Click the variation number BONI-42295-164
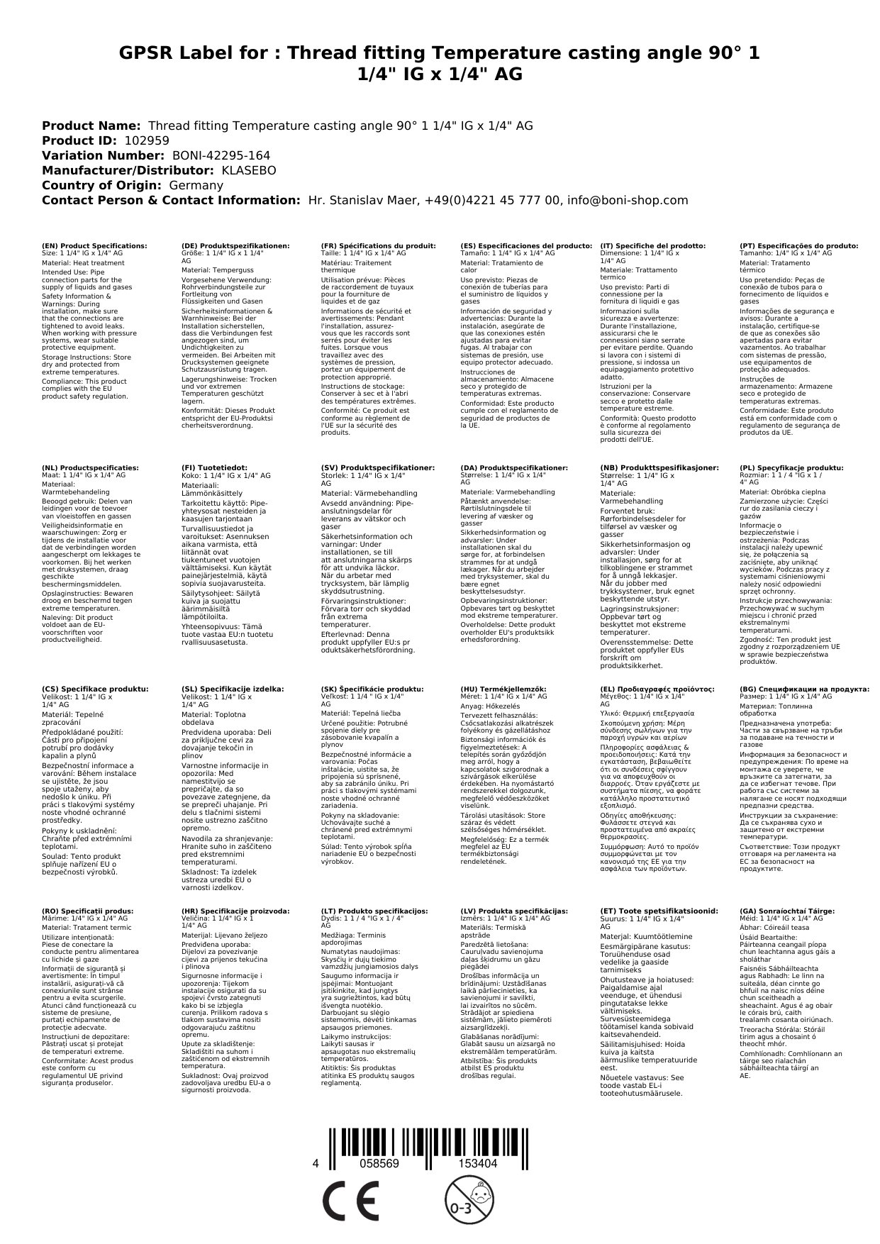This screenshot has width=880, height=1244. point(221,155)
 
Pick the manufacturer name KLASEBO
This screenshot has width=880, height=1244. point(249,170)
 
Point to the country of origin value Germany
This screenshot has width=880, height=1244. point(196,185)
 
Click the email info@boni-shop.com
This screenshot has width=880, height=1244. point(628,200)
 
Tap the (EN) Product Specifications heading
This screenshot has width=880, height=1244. point(95,246)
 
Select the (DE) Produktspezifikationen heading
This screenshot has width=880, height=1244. point(235,246)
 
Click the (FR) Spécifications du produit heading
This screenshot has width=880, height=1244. point(378,246)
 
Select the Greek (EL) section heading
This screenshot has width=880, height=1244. point(657,689)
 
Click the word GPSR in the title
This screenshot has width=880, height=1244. point(152,53)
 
